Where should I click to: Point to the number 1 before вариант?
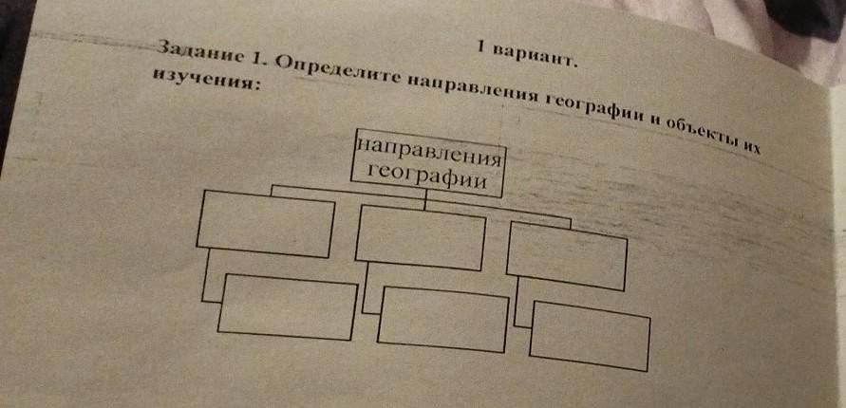coord(481,46)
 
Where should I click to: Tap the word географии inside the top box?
coord(426,175)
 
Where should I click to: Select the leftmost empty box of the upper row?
coord(267,222)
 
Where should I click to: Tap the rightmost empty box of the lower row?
coord(590,335)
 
